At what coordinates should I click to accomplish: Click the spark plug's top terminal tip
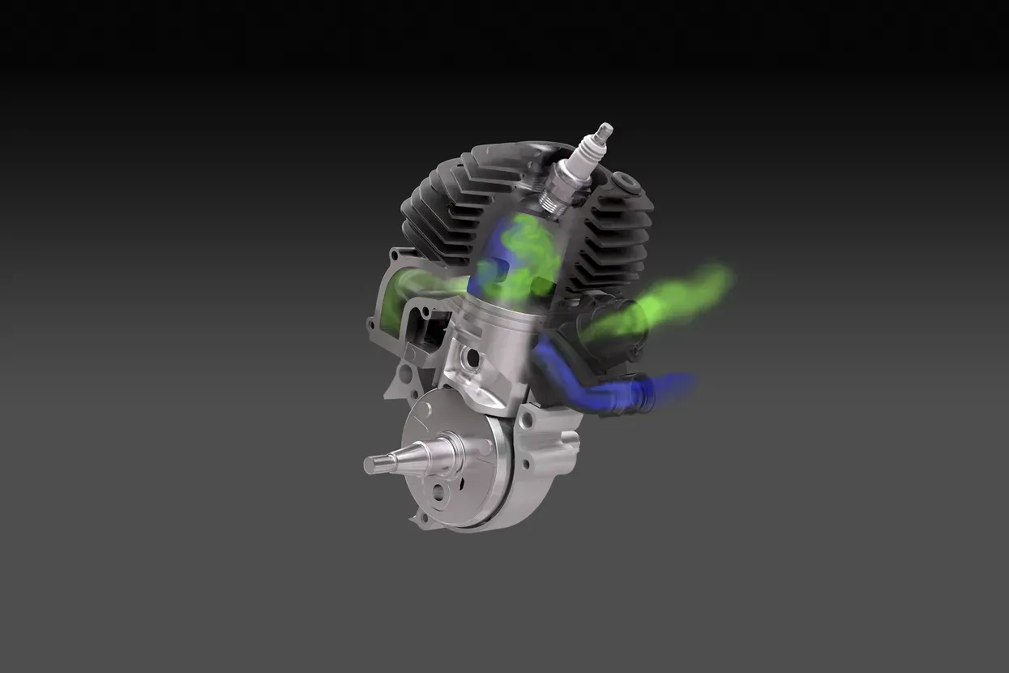pyautogui.click(x=604, y=129)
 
